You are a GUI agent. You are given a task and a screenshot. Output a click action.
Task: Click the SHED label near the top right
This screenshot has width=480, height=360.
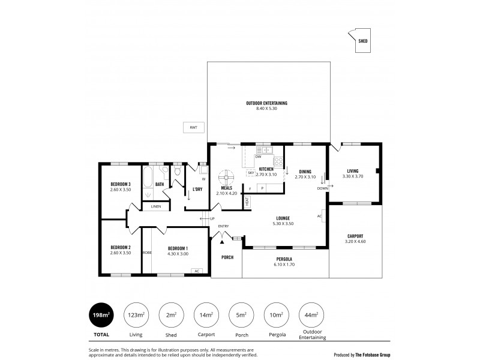coord(363,42)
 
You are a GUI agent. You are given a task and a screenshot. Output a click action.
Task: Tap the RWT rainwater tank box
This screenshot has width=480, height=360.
coord(193,127)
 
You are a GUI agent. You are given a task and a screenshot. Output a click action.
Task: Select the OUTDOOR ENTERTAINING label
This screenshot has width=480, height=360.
coord(267,103)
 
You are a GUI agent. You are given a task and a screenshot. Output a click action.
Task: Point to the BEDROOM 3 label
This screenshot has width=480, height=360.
coord(121,184)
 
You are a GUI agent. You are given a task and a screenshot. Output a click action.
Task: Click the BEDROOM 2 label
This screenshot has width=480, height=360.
coord(121,247)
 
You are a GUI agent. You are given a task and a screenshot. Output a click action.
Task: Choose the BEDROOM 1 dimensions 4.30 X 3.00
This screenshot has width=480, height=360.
coord(178,253)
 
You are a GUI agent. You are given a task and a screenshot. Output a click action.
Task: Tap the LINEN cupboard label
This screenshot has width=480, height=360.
coord(156,206)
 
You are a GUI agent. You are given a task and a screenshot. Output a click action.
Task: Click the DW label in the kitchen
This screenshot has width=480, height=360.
coord(258,157)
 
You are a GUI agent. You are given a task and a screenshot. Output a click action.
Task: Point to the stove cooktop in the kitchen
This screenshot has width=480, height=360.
coord(278,161)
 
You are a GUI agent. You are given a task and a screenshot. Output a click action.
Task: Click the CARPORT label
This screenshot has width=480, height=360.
coord(356,236)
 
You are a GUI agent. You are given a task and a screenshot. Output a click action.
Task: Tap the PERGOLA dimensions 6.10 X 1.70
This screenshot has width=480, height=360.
coord(284,265)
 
